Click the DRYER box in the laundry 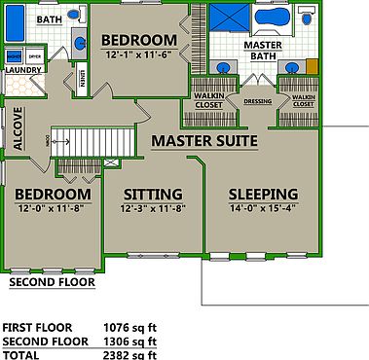coord(34,58)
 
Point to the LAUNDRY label coord(22,70)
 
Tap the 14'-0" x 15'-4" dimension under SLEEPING coord(261,208)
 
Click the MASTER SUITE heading coord(203,142)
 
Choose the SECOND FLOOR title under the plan coord(52,283)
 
